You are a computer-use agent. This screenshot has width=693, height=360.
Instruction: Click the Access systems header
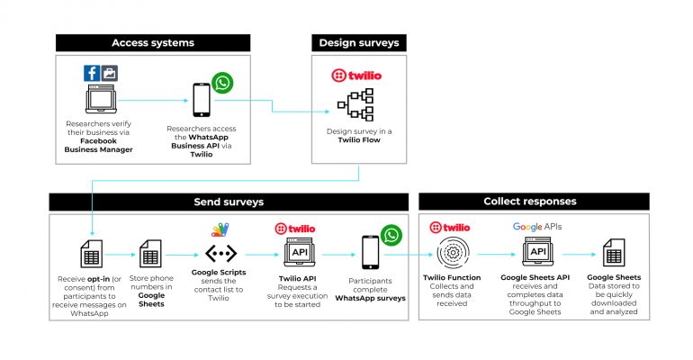(x=153, y=43)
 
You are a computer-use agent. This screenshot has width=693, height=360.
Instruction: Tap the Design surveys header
(x=359, y=43)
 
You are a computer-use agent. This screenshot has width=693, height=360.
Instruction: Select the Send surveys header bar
(x=229, y=202)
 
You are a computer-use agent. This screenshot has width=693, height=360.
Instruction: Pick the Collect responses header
(x=534, y=202)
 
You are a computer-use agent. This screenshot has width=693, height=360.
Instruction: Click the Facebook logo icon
(x=92, y=73)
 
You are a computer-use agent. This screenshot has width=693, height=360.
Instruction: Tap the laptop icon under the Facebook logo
(x=101, y=99)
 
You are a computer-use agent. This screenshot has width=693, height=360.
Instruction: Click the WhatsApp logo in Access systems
(x=222, y=83)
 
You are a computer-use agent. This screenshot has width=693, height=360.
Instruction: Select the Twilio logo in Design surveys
(x=356, y=76)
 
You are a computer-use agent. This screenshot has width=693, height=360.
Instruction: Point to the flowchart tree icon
(x=355, y=104)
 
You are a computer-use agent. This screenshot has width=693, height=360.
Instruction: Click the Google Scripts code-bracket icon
(x=221, y=253)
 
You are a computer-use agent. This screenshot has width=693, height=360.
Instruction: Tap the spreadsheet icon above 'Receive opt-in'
(x=92, y=254)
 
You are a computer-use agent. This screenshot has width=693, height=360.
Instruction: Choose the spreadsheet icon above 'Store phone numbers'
(x=150, y=254)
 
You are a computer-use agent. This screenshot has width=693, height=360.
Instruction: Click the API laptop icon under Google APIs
(x=538, y=251)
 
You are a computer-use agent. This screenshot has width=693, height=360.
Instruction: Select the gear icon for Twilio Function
(x=453, y=253)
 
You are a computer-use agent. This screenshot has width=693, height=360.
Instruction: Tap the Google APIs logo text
(x=537, y=227)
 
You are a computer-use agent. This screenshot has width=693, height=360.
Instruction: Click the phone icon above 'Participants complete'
(x=371, y=252)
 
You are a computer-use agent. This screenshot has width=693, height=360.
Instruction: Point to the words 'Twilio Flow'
(x=359, y=140)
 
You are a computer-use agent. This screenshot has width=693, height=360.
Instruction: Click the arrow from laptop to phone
(x=153, y=100)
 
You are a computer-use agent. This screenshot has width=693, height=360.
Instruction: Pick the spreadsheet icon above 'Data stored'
(x=614, y=253)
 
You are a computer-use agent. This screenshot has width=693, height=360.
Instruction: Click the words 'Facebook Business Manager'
(x=99, y=145)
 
